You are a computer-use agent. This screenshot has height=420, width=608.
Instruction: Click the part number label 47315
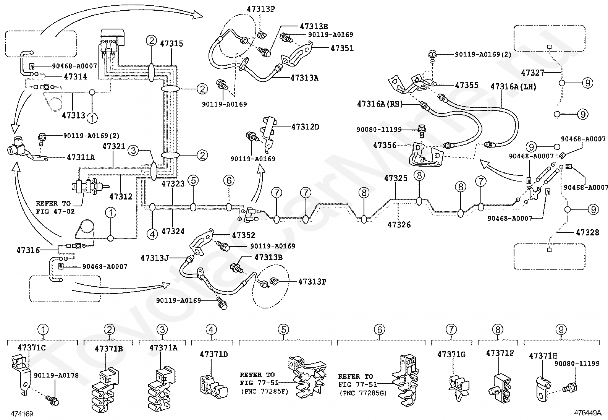pos(171,44)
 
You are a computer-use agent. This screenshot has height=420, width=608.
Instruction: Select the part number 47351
pos(342,48)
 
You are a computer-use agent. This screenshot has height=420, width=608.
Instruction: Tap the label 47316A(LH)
pos(514,87)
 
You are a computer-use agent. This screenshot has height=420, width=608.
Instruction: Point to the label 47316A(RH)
pos(380,104)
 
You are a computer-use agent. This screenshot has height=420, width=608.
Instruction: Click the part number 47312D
pos(306,127)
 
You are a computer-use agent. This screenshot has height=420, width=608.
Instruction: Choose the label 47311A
pos(81,157)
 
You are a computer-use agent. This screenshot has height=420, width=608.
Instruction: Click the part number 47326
pos(399,225)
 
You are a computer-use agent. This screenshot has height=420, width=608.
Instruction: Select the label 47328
pos(587,233)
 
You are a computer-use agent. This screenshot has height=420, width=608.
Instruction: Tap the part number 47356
pos(385,145)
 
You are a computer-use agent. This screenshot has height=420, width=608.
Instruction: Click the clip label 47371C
pos(32,347)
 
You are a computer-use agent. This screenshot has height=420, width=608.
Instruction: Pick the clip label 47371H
pos(543,356)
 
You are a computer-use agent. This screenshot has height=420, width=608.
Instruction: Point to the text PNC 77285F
pos(265,391)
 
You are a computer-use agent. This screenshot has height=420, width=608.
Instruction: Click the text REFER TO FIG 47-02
pos(55,207)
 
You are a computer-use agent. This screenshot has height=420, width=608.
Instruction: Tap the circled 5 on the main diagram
pos(193,180)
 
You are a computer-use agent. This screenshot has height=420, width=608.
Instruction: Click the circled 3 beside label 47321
pos(133,151)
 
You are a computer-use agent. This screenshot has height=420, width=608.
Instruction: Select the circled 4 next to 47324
pos(152,234)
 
